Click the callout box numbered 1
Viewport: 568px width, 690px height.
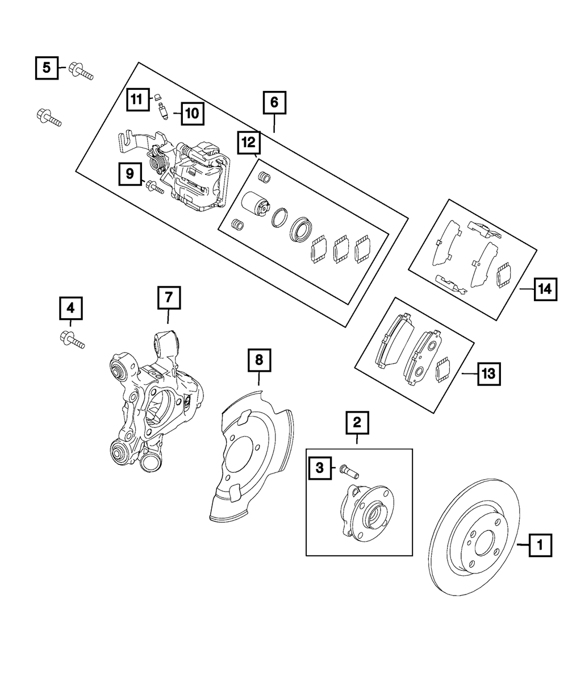point(540,546)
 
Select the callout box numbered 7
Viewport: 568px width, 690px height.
point(169,298)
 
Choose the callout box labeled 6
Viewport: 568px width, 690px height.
point(274,103)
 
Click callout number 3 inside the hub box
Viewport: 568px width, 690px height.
point(320,468)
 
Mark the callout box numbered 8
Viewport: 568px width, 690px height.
point(258,360)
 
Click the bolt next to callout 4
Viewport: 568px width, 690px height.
point(72,340)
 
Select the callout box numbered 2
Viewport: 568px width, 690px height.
point(357,422)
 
